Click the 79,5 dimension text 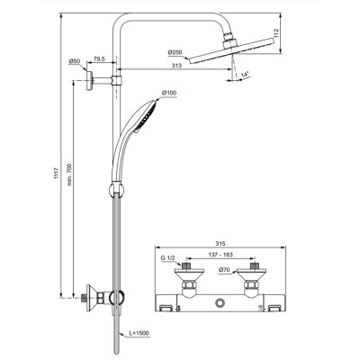pyautogui.click(x=99, y=59)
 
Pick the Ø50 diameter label pyautogui.click(x=75, y=61)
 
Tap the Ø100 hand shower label pyautogui.click(x=168, y=94)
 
